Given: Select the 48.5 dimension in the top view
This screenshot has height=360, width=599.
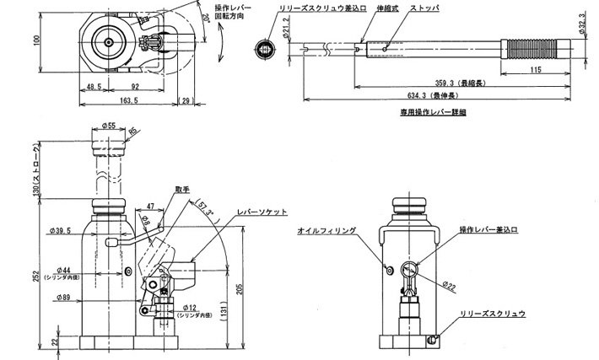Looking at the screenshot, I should coord(94,86).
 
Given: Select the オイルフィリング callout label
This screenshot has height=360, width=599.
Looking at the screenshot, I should coord(326,229).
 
